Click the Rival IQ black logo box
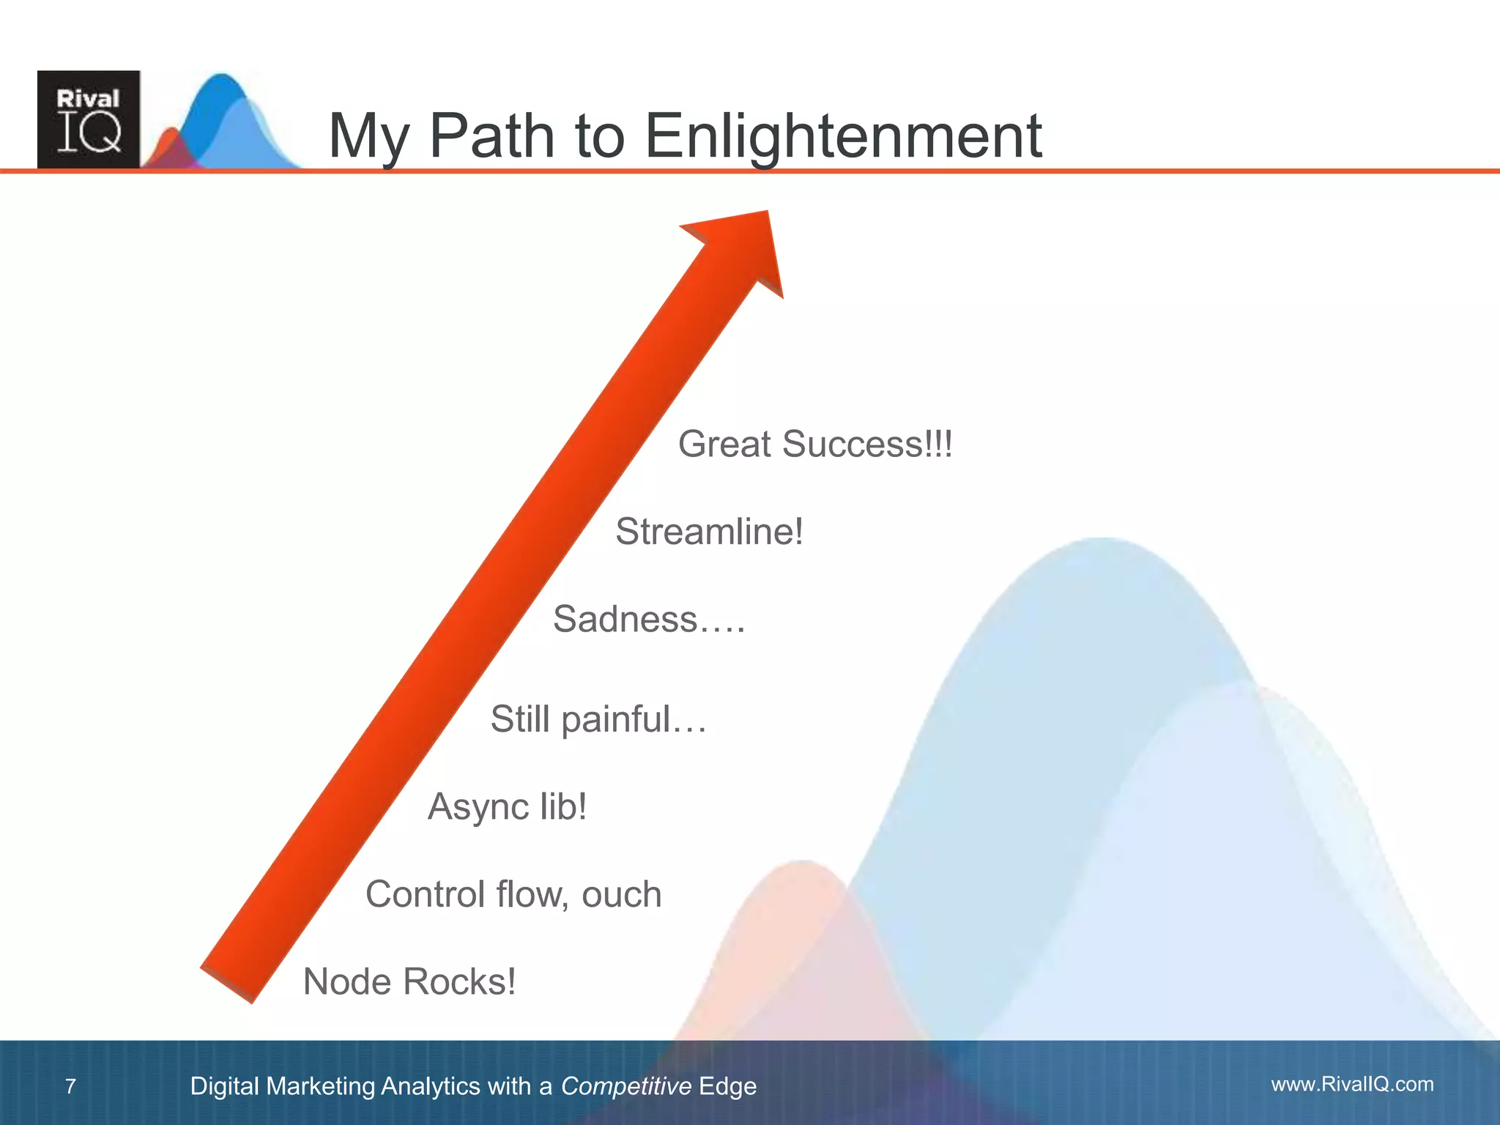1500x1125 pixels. [89, 119]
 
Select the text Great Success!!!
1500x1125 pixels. [815, 444]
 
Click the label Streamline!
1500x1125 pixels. [709, 531]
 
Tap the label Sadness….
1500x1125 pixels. [649, 619]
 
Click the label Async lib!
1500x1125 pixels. [507, 806]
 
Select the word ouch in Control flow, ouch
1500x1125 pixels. [621, 894]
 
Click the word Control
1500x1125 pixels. [426, 894]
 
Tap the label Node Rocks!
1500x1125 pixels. [409, 981]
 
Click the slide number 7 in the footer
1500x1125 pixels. [70, 1086]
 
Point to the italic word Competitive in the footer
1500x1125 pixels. [625, 1086]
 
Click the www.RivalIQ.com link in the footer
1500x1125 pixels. [1352, 1084]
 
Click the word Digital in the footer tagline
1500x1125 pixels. [224, 1086]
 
